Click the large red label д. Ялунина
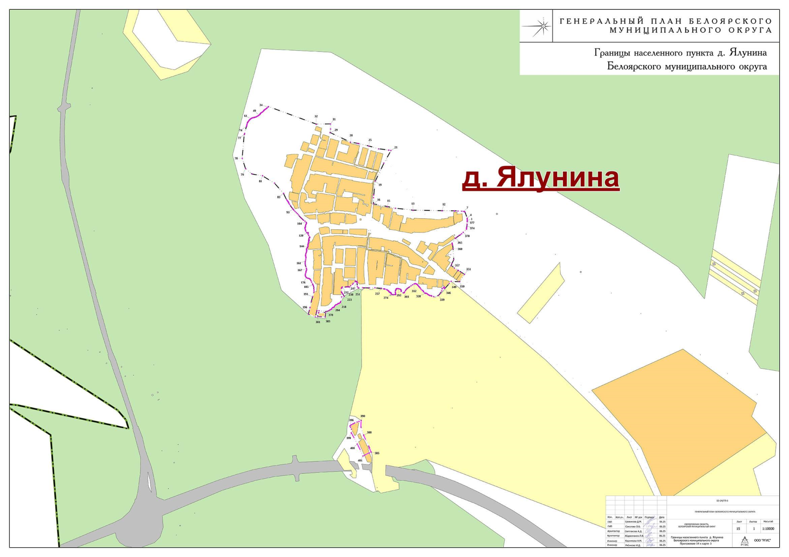[540, 178]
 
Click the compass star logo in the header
[539, 26]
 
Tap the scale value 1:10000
[768, 529]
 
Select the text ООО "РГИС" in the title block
[762, 541]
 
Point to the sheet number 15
[738, 529]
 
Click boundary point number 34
[261, 105]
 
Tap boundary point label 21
[396, 148]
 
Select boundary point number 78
[236, 158]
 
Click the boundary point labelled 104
[299, 224]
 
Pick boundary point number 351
[468, 269]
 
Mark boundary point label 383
[328, 321]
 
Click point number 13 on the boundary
[413, 204]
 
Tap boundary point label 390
[363, 416]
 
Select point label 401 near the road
[360, 460]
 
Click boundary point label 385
[377, 453]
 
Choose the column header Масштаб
[768, 522]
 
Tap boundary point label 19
[380, 185]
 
